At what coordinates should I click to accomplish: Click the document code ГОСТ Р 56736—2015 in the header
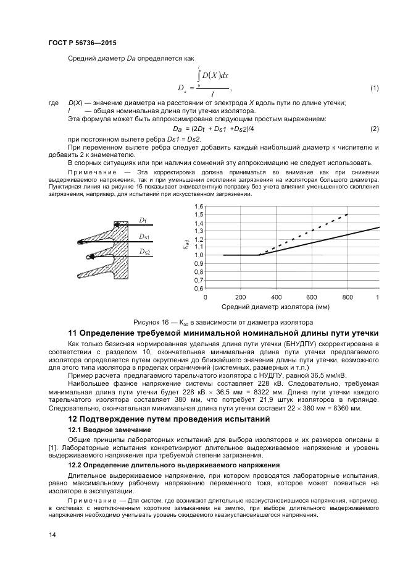[x=82, y=43]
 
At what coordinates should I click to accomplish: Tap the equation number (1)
[x=374, y=88]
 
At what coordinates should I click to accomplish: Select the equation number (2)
[x=374, y=128]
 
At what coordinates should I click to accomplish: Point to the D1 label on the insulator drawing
[x=143, y=220]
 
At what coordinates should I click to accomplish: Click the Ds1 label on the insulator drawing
[x=144, y=236]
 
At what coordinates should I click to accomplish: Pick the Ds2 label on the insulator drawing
[x=144, y=252]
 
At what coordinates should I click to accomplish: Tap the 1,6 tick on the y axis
[x=198, y=206]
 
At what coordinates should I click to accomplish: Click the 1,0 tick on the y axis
[x=198, y=255]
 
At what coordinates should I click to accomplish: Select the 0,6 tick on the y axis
[x=198, y=288]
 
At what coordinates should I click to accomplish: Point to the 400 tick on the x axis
[x=276, y=297]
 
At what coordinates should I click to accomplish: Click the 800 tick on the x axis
[x=348, y=297]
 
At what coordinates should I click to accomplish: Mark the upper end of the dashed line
[x=348, y=214]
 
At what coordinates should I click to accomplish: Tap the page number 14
[x=52, y=535]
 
